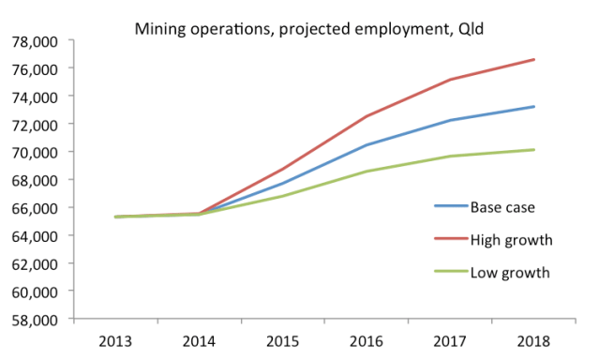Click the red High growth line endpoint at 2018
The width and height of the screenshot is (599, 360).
click(x=533, y=60)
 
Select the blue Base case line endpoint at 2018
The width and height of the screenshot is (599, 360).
click(x=533, y=107)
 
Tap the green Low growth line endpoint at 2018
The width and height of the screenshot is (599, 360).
click(x=533, y=150)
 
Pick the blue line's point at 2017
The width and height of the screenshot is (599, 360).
click(x=450, y=120)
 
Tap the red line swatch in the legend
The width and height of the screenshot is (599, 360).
click(x=453, y=239)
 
